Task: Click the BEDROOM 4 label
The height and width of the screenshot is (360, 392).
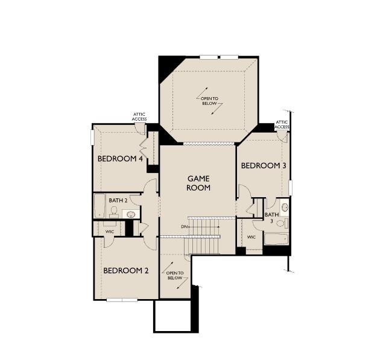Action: pos(120,159)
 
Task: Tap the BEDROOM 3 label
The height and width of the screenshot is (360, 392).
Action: pos(263,165)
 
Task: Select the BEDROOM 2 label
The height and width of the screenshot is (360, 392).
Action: pos(125,271)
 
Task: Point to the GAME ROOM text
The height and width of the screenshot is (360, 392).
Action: pos(198,183)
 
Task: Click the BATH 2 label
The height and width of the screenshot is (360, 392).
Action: pos(118,200)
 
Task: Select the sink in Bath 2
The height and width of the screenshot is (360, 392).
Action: pos(130,213)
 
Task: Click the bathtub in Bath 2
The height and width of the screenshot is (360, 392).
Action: pos(100,206)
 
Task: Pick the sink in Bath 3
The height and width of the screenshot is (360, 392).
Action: pos(285,207)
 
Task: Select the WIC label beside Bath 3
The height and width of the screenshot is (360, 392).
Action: pos(251,237)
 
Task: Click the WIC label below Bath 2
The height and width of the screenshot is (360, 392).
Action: pos(110,231)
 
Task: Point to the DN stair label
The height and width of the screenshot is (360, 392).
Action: pos(184,227)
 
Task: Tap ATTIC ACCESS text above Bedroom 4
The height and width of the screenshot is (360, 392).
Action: pos(139,116)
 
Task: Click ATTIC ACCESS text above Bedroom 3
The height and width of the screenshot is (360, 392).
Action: pos(282,125)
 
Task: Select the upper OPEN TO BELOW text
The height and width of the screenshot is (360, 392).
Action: pos(209,101)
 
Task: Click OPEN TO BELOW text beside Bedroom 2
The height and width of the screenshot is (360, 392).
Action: pos(174,276)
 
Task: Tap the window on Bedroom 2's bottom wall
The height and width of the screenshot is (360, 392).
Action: pos(122,300)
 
